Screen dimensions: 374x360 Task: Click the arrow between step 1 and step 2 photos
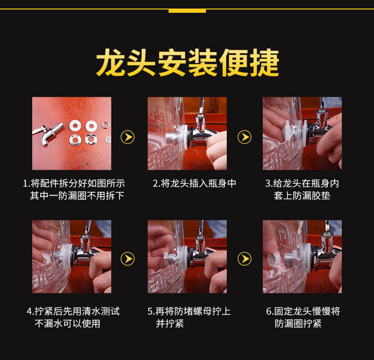coord(128,137)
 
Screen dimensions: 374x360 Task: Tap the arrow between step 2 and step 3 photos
coord(244,137)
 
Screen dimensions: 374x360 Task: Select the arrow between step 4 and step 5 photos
coord(128,259)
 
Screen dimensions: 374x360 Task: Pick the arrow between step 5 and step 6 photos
coord(244,259)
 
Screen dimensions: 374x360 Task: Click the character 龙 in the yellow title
coord(110,63)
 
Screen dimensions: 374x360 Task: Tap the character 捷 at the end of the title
coord(264,63)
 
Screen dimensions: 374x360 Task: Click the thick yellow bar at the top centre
coord(187,11)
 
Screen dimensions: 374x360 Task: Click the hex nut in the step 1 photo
coord(105,125)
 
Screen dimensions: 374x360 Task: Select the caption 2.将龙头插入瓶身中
coord(194,183)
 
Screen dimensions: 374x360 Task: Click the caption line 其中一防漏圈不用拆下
coord(77,196)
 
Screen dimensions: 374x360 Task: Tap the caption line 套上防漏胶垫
coord(302,196)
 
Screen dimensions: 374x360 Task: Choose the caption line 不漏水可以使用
coord(67,324)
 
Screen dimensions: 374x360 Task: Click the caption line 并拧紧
coord(170,324)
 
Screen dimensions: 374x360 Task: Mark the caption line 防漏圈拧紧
coord(298,324)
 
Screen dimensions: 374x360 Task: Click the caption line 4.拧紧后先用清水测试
coord(73,311)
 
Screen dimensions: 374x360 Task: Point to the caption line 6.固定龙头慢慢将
coord(303,311)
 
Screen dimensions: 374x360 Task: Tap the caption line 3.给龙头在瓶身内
coord(302,183)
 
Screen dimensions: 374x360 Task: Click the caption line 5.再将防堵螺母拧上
coord(189,311)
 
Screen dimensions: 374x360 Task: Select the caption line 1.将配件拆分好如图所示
coord(74,183)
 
